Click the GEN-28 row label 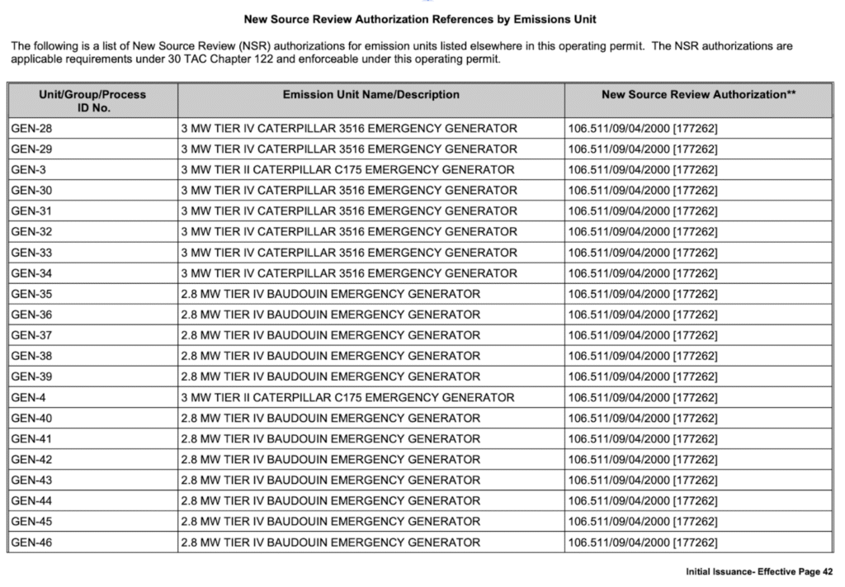[31, 128]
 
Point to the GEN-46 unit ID [31, 542]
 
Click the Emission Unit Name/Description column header [371, 95]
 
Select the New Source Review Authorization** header [698, 95]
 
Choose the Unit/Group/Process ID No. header [92, 101]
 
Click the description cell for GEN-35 [330, 294]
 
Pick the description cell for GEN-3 [347, 169]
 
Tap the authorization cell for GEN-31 [643, 211]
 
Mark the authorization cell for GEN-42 [643, 460]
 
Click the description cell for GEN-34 [349, 273]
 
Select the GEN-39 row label [31, 376]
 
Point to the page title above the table [420, 18]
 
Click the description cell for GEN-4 [347, 397]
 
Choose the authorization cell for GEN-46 [643, 542]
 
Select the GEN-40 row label [31, 418]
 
